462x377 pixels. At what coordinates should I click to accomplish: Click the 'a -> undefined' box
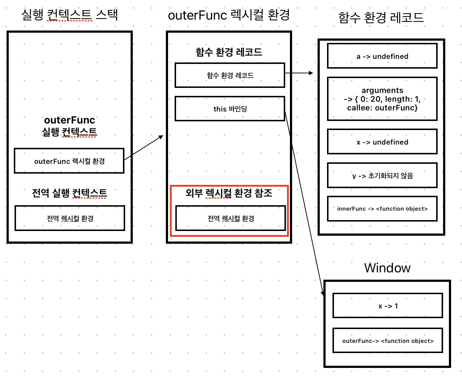point(382,56)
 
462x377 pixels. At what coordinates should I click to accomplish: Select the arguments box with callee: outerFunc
point(382,99)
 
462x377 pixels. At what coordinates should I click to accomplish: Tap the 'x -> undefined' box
point(382,142)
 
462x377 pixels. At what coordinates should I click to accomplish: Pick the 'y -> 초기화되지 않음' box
point(382,175)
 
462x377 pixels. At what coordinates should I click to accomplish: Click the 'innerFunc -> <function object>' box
point(382,208)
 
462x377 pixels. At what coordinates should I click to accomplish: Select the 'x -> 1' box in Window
point(388,306)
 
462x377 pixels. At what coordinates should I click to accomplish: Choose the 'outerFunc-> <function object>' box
point(388,341)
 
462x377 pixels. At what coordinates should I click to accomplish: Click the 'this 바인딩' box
point(230,109)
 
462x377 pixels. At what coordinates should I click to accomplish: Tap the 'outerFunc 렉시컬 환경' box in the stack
point(69,161)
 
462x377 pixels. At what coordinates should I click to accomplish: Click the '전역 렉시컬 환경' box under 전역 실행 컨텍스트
point(70,218)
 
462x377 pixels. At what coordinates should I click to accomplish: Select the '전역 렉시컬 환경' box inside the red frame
point(231,218)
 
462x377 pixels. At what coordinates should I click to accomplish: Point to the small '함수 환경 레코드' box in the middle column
point(230,75)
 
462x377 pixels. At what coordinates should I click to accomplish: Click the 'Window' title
point(387,268)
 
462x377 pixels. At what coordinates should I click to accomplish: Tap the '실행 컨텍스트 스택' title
point(69,15)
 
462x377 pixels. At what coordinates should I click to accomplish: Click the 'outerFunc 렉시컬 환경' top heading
point(229,15)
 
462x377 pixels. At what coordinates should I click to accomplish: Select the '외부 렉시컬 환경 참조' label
point(229,193)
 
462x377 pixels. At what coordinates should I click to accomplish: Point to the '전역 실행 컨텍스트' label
point(69,193)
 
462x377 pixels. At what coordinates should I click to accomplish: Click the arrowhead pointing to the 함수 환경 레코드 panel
point(311,73)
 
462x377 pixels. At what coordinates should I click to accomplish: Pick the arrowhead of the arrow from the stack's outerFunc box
point(161,137)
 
